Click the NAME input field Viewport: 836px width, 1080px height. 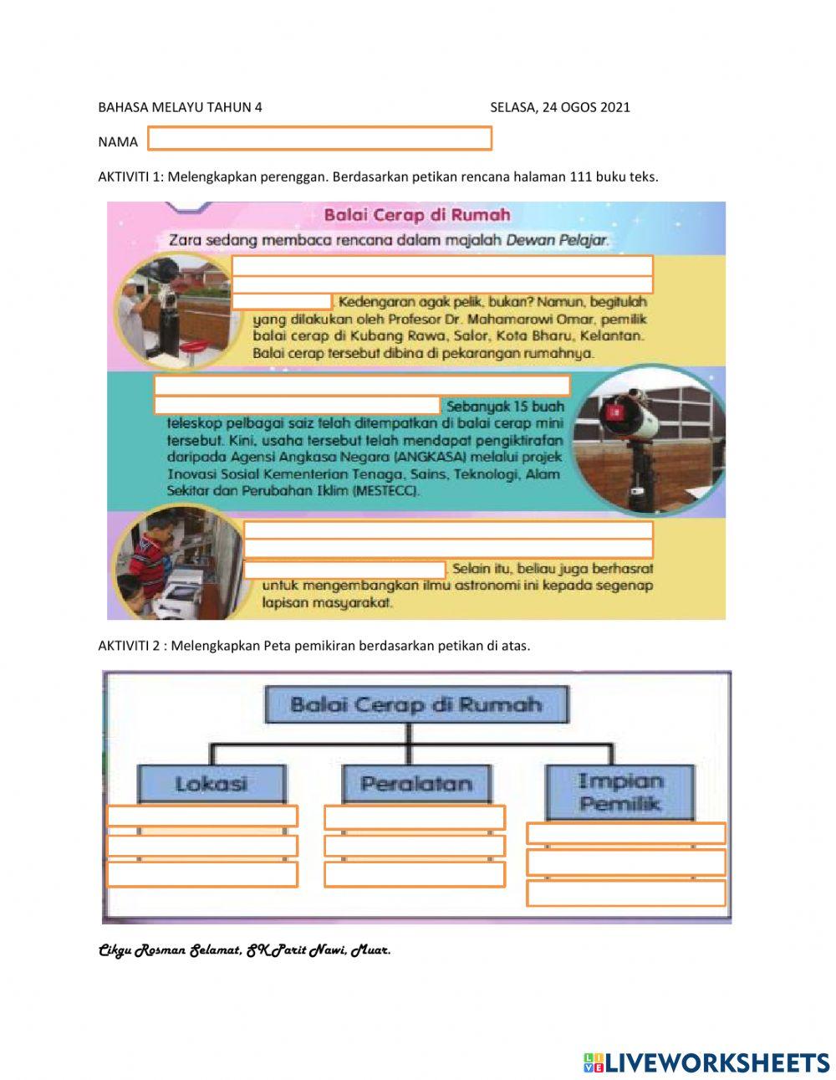coord(319,139)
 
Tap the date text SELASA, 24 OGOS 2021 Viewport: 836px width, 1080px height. coord(559,107)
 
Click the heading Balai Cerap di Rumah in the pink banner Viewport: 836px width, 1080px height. coord(416,215)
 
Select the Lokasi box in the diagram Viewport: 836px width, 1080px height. coord(211,784)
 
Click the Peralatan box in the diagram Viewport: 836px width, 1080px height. coord(415,784)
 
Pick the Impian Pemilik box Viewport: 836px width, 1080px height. coord(619,792)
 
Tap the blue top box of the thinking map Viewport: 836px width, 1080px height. coord(415,704)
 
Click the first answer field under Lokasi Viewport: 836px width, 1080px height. coord(202,816)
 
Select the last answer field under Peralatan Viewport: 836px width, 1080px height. coord(414,874)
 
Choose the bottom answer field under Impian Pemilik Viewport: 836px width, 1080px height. coord(625,893)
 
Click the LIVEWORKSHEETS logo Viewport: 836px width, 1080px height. coord(706,1062)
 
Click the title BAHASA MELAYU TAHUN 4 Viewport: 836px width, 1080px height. coord(180,107)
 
